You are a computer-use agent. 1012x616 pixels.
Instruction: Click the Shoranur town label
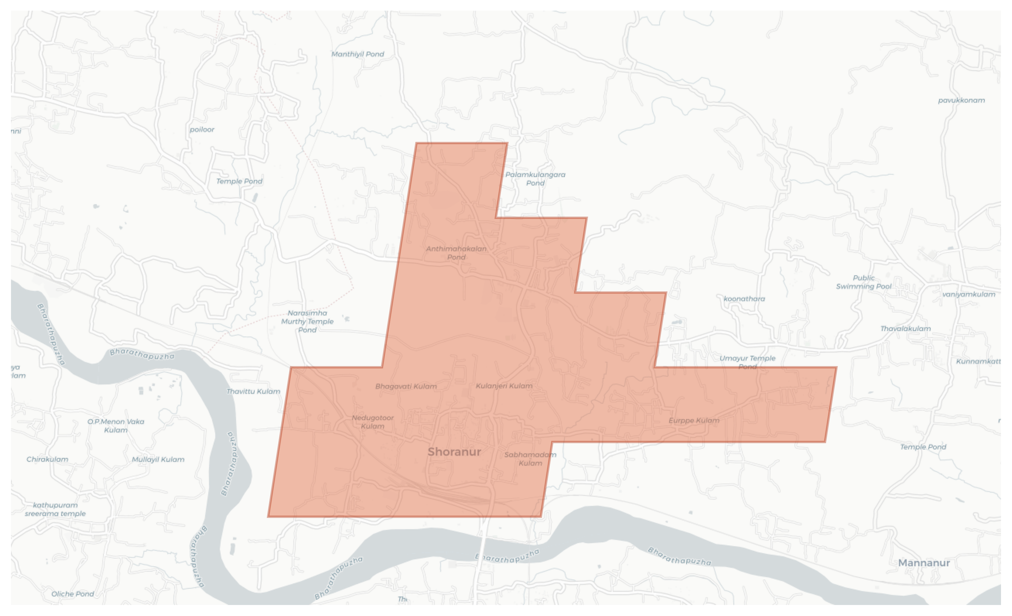coord(454,452)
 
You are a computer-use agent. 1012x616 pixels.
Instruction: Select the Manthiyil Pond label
coord(357,54)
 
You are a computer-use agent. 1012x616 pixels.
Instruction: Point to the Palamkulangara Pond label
coord(535,179)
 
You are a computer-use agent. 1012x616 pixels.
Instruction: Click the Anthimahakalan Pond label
coord(456,253)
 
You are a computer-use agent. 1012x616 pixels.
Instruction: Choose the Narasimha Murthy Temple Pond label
coord(307,321)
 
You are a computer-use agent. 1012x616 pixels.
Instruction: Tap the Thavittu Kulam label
coord(253,391)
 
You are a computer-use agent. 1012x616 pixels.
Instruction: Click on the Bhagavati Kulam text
coord(406,386)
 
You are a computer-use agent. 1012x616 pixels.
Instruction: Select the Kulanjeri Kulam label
coord(504,386)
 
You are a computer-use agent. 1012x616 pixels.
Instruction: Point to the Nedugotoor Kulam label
coord(373,422)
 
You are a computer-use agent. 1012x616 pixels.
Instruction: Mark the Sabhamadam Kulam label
coord(530,459)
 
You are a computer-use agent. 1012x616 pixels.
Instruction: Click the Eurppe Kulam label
coord(694,420)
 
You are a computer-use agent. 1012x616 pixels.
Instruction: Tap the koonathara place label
coord(744,299)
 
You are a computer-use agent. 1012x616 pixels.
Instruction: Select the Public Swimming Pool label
coord(864,282)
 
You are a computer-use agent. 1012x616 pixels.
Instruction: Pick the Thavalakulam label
coord(905,328)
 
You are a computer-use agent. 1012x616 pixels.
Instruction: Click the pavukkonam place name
coord(961,100)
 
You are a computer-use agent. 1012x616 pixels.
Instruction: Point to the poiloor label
coord(202,130)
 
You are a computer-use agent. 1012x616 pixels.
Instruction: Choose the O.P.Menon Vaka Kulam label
coord(116,426)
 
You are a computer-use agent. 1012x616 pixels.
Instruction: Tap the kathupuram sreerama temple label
coord(55,509)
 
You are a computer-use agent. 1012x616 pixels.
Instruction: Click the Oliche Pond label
coord(73,594)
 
